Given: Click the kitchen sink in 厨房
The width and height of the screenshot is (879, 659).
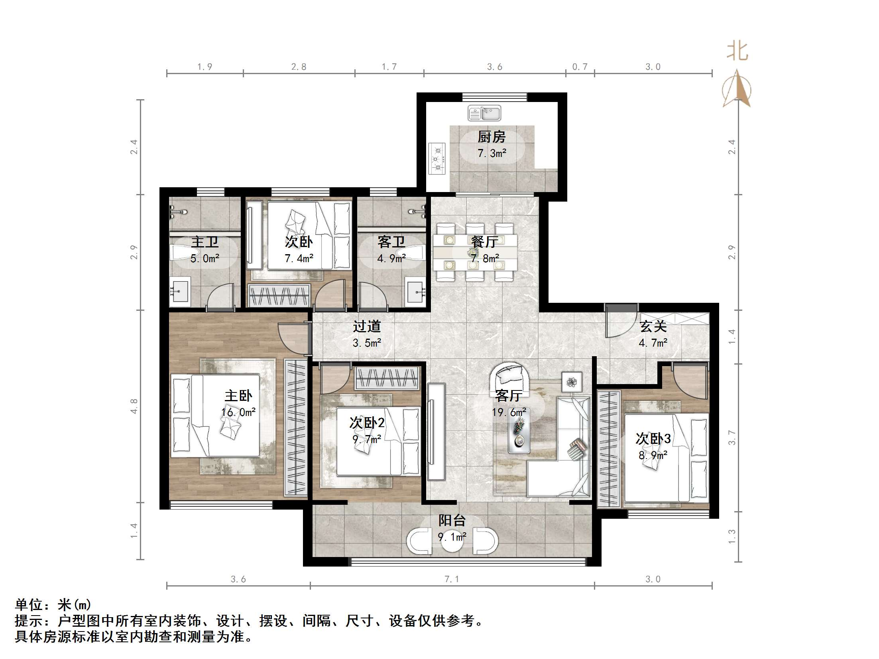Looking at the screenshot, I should tap(484, 113).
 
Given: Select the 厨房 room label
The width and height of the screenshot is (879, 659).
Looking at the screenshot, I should tap(492, 137).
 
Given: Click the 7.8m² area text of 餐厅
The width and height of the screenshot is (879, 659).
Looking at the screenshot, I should tap(485, 259).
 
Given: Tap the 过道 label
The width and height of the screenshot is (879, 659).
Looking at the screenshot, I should tap(367, 326).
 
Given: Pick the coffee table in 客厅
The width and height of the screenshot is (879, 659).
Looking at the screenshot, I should tap(519, 435).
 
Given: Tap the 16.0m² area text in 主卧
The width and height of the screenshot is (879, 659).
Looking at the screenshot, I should tap(238, 412).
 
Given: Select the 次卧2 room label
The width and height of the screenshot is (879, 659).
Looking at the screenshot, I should tap(367, 423).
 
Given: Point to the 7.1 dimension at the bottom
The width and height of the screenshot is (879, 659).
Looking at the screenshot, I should tap(452, 579).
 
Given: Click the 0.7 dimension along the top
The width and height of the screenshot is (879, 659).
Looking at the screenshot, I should tap(580, 67).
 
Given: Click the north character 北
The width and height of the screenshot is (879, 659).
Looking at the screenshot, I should tap(737, 52).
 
